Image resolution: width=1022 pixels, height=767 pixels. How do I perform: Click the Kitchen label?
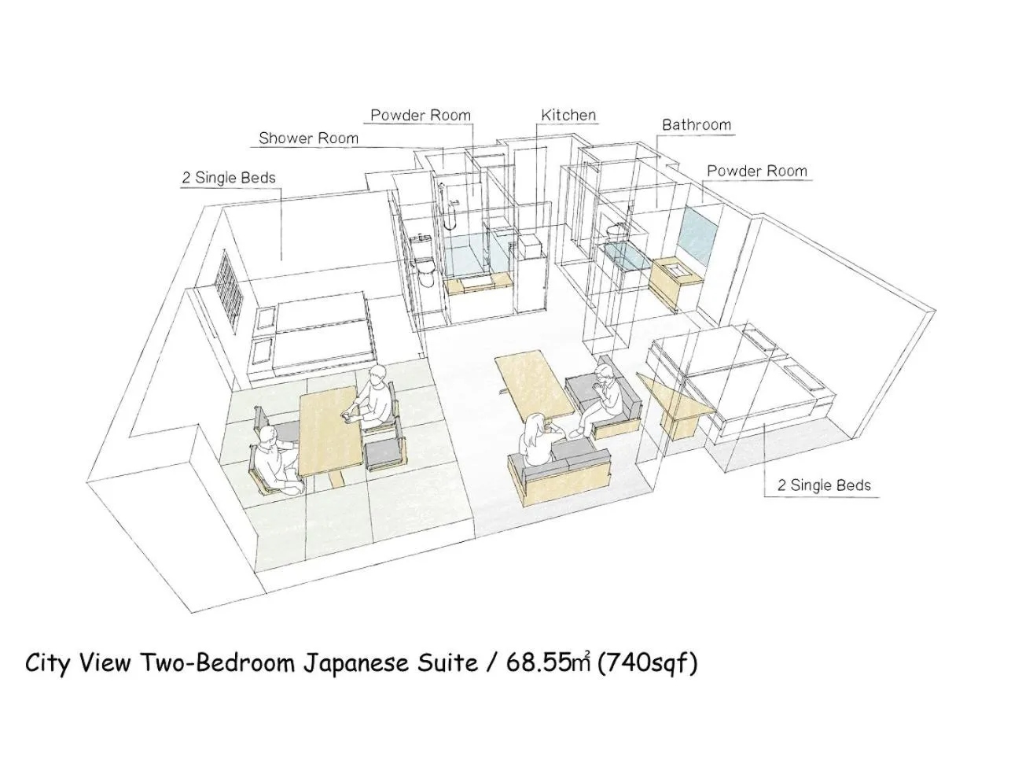click(568, 116)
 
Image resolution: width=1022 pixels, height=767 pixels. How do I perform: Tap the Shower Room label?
click(308, 138)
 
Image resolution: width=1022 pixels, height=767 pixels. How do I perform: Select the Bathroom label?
click(696, 125)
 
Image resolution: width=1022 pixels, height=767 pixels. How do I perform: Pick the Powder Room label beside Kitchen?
click(421, 116)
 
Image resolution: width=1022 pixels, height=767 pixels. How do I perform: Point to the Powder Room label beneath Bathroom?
click(756, 171)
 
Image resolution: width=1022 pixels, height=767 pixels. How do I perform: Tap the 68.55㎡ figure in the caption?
click(549, 663)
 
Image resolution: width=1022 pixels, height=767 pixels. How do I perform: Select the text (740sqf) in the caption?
click(647, 663)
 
